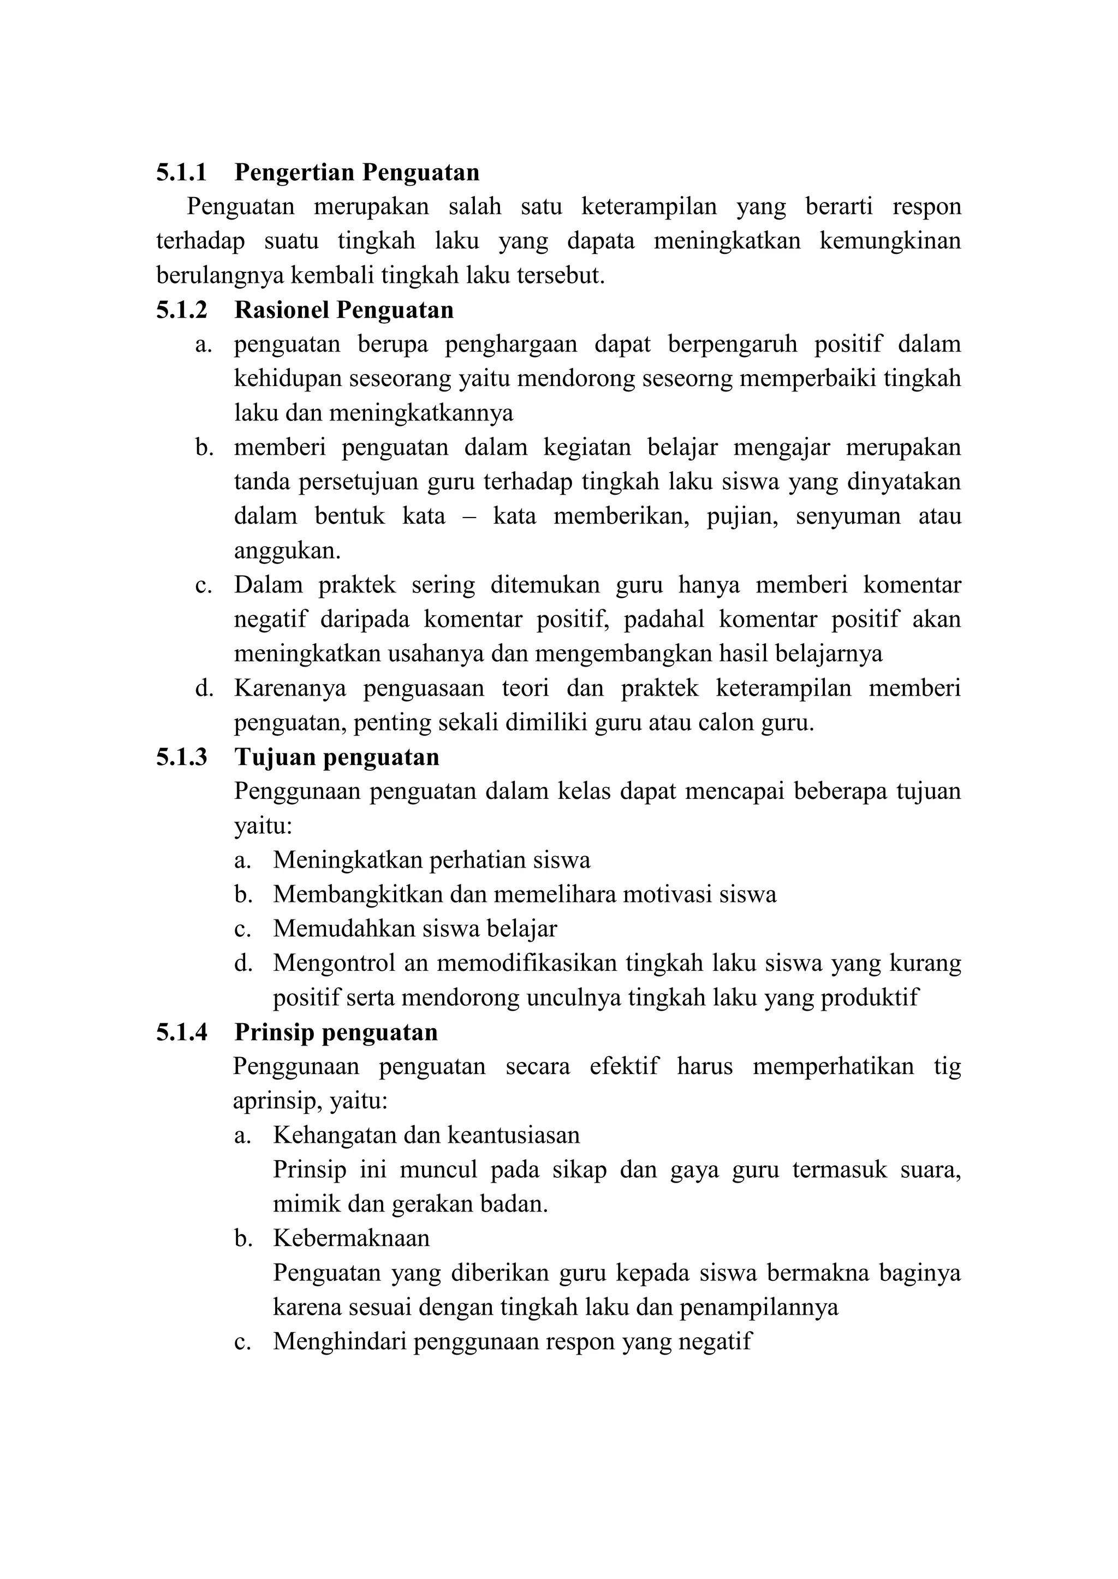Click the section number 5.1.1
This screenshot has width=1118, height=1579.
click(x=181, y=172)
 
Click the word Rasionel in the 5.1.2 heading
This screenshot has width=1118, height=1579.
click(x=282, y=310)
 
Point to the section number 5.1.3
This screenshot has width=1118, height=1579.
click(x=181, y=757)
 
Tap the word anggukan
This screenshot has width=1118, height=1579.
click(x=287, y=551)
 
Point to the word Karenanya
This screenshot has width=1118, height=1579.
click(x=290, y=688)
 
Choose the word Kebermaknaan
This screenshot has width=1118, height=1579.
click(x=351, y=1238)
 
